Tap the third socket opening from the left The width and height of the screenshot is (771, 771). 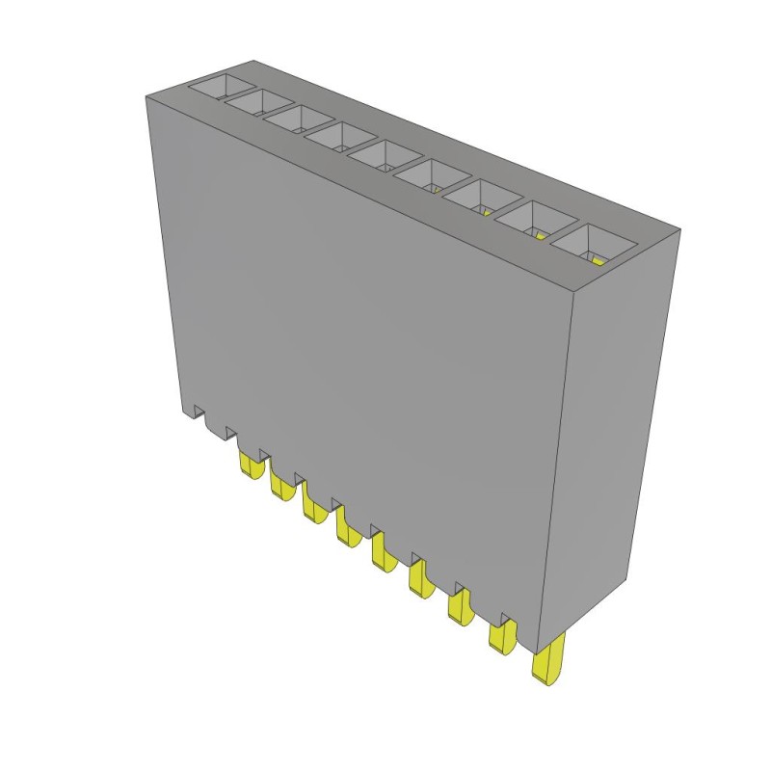pos(300,120)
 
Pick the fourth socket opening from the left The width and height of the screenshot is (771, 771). pos(339,137)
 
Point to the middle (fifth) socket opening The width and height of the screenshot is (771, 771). pos(381,155)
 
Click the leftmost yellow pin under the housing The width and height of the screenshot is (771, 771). pos(252,467)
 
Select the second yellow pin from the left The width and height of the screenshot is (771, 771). pos(282,486)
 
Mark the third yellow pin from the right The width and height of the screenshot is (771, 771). pos(458,604)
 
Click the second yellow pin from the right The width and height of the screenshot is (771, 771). pos(500,635)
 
